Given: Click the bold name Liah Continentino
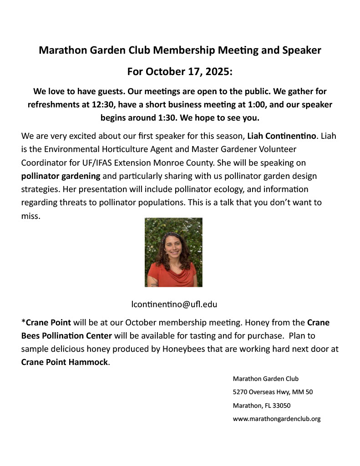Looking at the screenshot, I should click(284, 136).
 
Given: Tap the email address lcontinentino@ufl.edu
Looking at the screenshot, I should click(171, 304).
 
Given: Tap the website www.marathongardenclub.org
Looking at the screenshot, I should click(276, 419).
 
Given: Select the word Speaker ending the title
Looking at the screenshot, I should click(302, 50).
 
